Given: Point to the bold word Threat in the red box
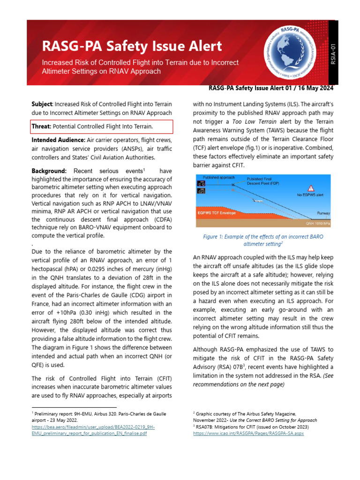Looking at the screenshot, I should point(41,127).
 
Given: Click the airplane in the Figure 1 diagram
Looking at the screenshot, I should point(259,200).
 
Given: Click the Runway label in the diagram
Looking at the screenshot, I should point(323,213).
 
